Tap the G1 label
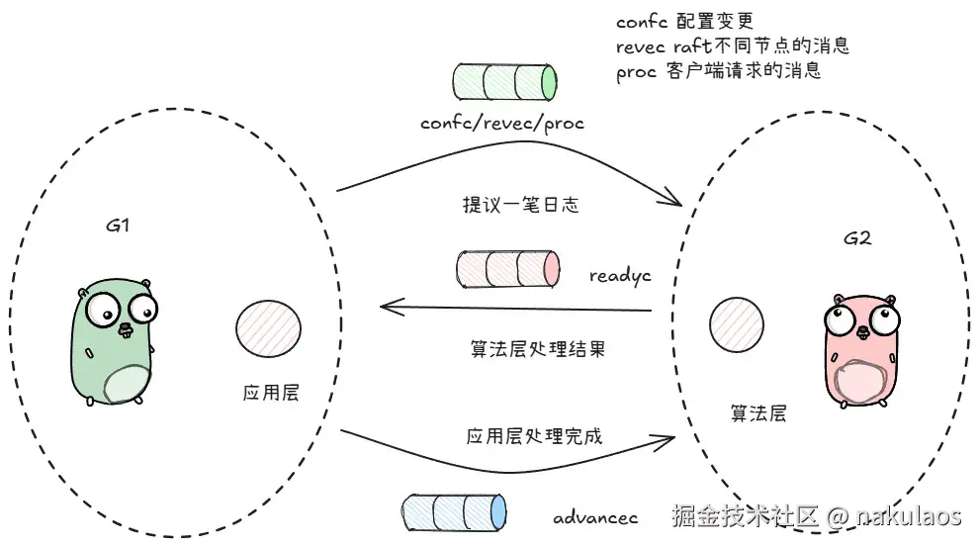coord(119,225)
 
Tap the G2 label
coord(857,239)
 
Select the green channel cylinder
coord(504,83)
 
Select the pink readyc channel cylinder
coord(508,269)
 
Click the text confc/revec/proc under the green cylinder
coord(502,124)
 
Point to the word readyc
coord(620,276)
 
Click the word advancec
coord(595,517)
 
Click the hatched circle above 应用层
coord(269,329)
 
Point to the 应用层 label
coord(270,394)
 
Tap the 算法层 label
coord(758,413)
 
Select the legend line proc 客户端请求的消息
coord(718,72)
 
